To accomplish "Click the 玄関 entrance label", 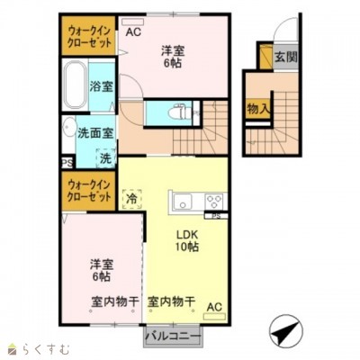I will [x=286, y=58].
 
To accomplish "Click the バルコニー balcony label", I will [x=172, y=338].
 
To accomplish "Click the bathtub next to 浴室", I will [x=75, y=87].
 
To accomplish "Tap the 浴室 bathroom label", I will [x=101, y=87].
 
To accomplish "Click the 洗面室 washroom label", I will [x=94, y=133].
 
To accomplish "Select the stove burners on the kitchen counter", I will [x=214, y=201].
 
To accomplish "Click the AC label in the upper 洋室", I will [x=133, y=32].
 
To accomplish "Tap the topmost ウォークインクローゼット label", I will [x=86, y=37].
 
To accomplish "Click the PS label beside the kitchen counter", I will [x=217, y=216].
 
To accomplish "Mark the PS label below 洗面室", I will [x=67, y=163].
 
